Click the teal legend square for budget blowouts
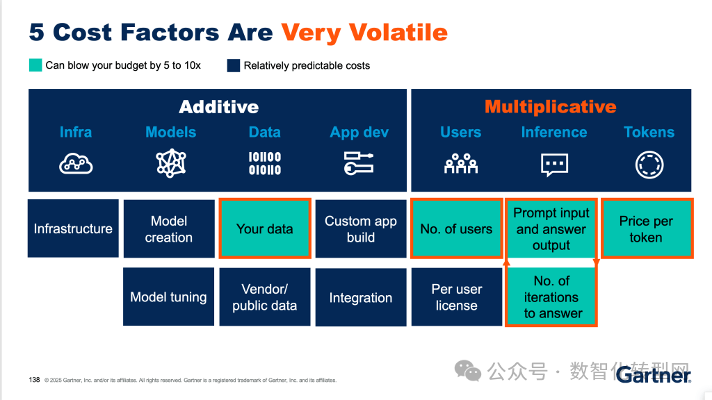point(35,65)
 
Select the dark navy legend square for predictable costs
point(234,65)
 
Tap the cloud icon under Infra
point(76,163)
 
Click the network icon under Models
point(171,163)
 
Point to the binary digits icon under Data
point(265,163)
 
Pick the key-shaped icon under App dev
point(359,163)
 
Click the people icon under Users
point(460,164)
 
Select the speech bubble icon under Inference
point(554,164)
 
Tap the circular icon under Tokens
point(649,165)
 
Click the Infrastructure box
point(73,228)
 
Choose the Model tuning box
point(169,297)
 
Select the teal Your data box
point(264,228)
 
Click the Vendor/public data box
point(264,297)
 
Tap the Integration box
point(360,297)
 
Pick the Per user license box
point(456,297)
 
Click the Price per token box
point(646,228)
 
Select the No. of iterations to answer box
point(551,297)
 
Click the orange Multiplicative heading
point(550,106)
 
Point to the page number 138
point(34,380)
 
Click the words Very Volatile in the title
point(364,32)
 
